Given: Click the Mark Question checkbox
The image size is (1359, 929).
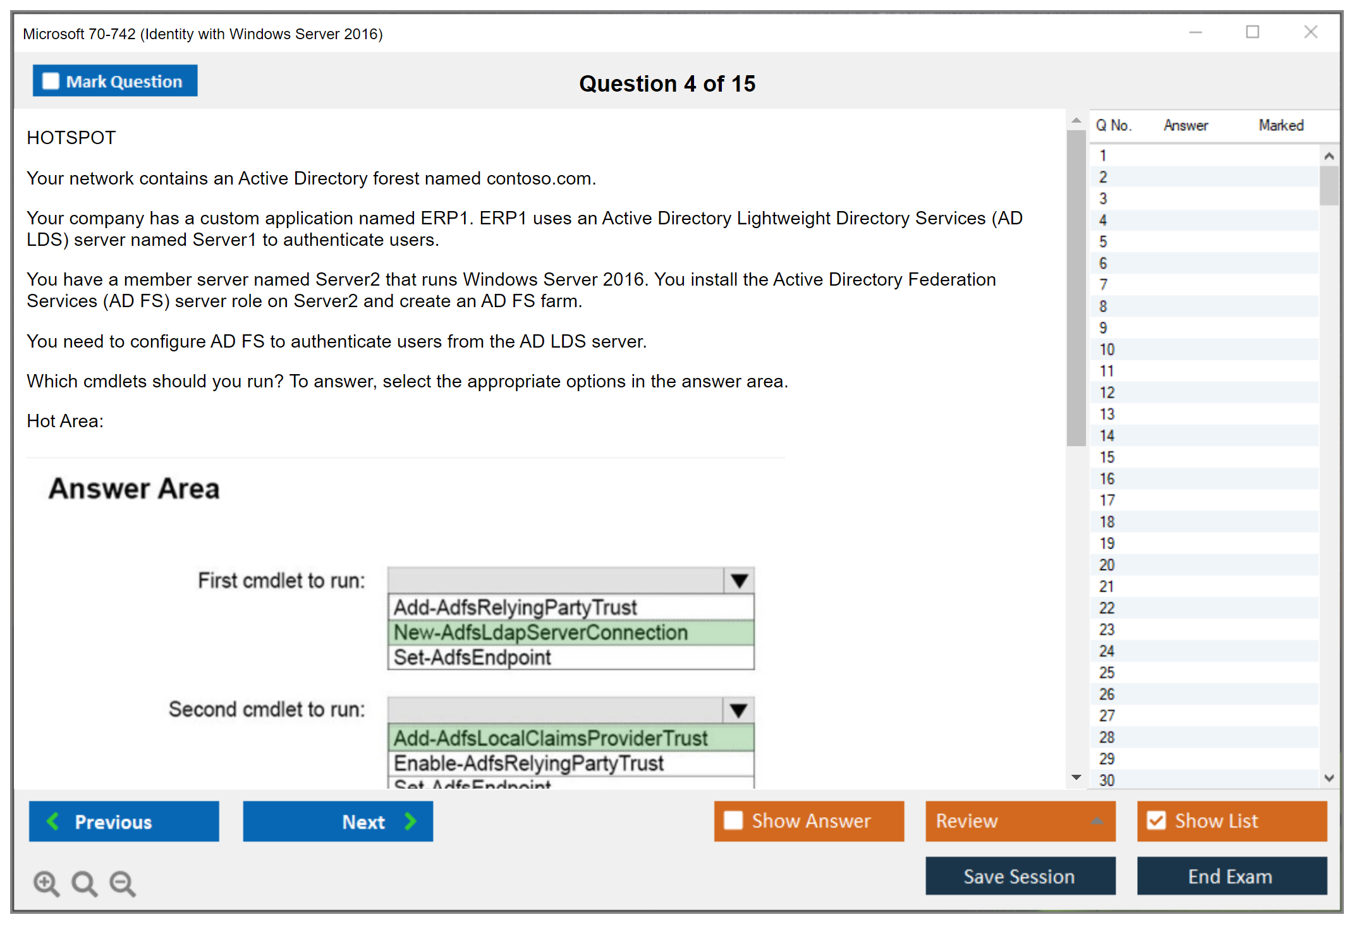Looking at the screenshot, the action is (x=51, y=82).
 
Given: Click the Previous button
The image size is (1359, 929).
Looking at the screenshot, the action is (x=124, y=822).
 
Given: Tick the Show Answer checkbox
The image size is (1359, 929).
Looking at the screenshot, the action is (x=733, y=820).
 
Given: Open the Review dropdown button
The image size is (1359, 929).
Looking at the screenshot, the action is (x=1020, y=821).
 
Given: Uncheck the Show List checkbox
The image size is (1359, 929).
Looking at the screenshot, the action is (x=1156, y=820).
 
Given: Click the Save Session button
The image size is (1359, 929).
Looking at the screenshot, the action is (x=1020, y=876).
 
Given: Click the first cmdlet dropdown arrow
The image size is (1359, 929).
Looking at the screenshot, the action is (x=739, y=580).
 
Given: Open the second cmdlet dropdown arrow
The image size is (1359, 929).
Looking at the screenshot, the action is (x=738, y=710).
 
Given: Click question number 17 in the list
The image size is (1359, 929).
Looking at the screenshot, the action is (x=1107, y=501).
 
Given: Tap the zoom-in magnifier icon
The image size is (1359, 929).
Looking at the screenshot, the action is (x=46, y=883).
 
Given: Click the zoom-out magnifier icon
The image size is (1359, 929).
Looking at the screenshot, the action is (x=123, y=883).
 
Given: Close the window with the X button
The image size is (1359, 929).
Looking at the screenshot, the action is (x=1310, y=32).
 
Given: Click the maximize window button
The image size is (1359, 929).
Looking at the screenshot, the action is (x=1252, y=32).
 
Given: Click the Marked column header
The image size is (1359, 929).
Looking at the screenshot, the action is (x=1281, y=125).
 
